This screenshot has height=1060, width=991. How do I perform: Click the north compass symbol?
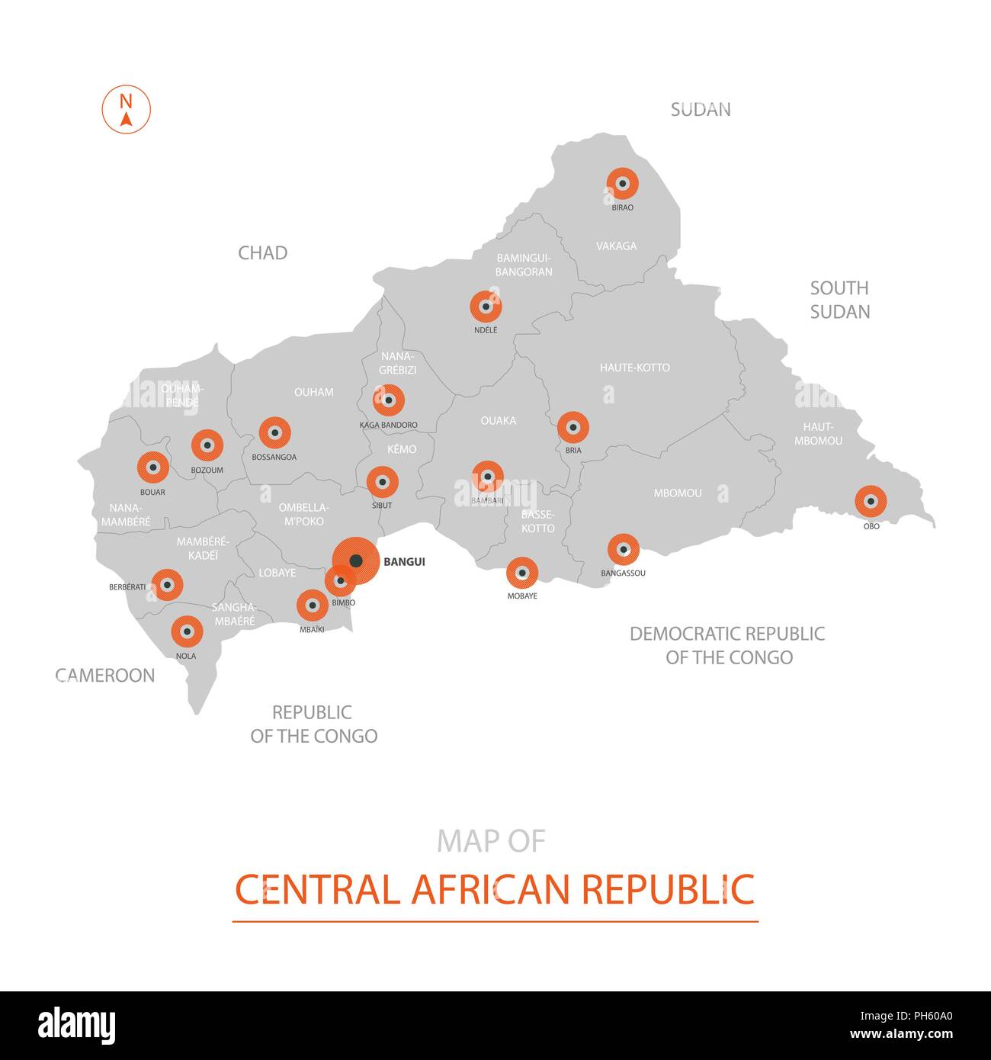127,110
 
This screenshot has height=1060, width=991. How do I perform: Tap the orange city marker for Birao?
622,184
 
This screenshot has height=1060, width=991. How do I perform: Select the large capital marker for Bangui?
356,562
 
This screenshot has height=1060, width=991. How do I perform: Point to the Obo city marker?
870,502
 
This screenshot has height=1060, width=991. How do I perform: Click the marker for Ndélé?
486,307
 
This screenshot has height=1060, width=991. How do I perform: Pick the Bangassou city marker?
623,550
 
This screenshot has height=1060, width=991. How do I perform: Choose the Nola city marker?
186,632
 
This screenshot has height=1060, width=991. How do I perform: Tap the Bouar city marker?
152,468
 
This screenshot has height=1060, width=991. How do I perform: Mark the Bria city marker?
572,428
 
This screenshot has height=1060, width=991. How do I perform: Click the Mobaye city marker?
521,573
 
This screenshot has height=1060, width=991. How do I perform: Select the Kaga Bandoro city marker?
388,400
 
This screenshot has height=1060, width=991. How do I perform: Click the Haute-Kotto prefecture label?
634,368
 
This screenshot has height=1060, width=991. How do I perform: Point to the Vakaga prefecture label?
616,246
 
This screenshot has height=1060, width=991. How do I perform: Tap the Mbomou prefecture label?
677,493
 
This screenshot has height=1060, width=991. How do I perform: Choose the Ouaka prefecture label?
498,421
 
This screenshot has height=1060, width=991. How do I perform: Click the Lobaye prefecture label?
277,573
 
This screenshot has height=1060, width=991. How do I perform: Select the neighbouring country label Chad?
262,253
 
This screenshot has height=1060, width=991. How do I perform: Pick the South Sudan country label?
839,300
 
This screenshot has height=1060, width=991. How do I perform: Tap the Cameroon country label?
105,676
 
